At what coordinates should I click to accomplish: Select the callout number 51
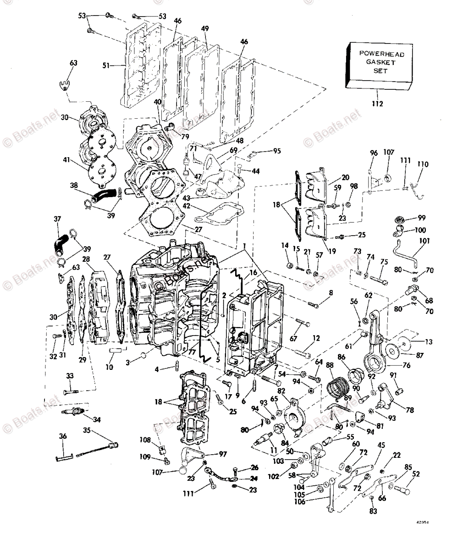[x=106, y=65]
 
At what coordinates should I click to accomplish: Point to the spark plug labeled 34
[x=72, y=412]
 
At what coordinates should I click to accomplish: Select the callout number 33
[x=70, y=376]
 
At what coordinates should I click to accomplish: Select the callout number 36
[x=63, y=436]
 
